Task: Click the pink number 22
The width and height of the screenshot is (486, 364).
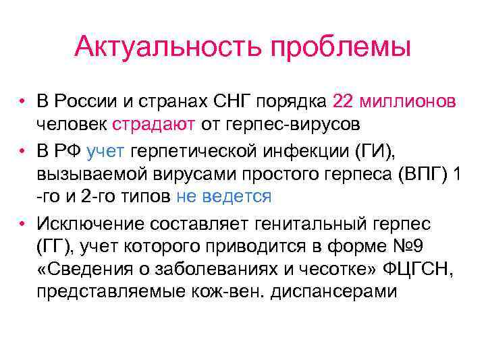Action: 342,101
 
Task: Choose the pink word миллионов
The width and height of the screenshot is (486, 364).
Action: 409,101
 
